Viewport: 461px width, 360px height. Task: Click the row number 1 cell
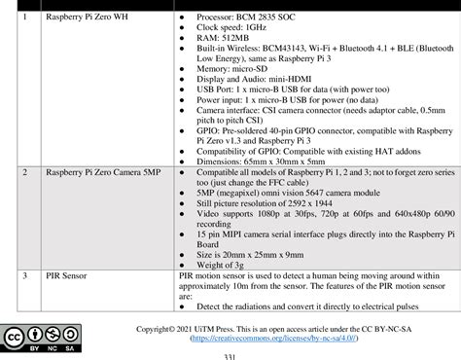coord(25,18)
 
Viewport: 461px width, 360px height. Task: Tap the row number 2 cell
coord(25,171)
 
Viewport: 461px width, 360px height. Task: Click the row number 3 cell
coord(25,276)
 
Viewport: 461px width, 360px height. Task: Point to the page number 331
coord(230,356)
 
